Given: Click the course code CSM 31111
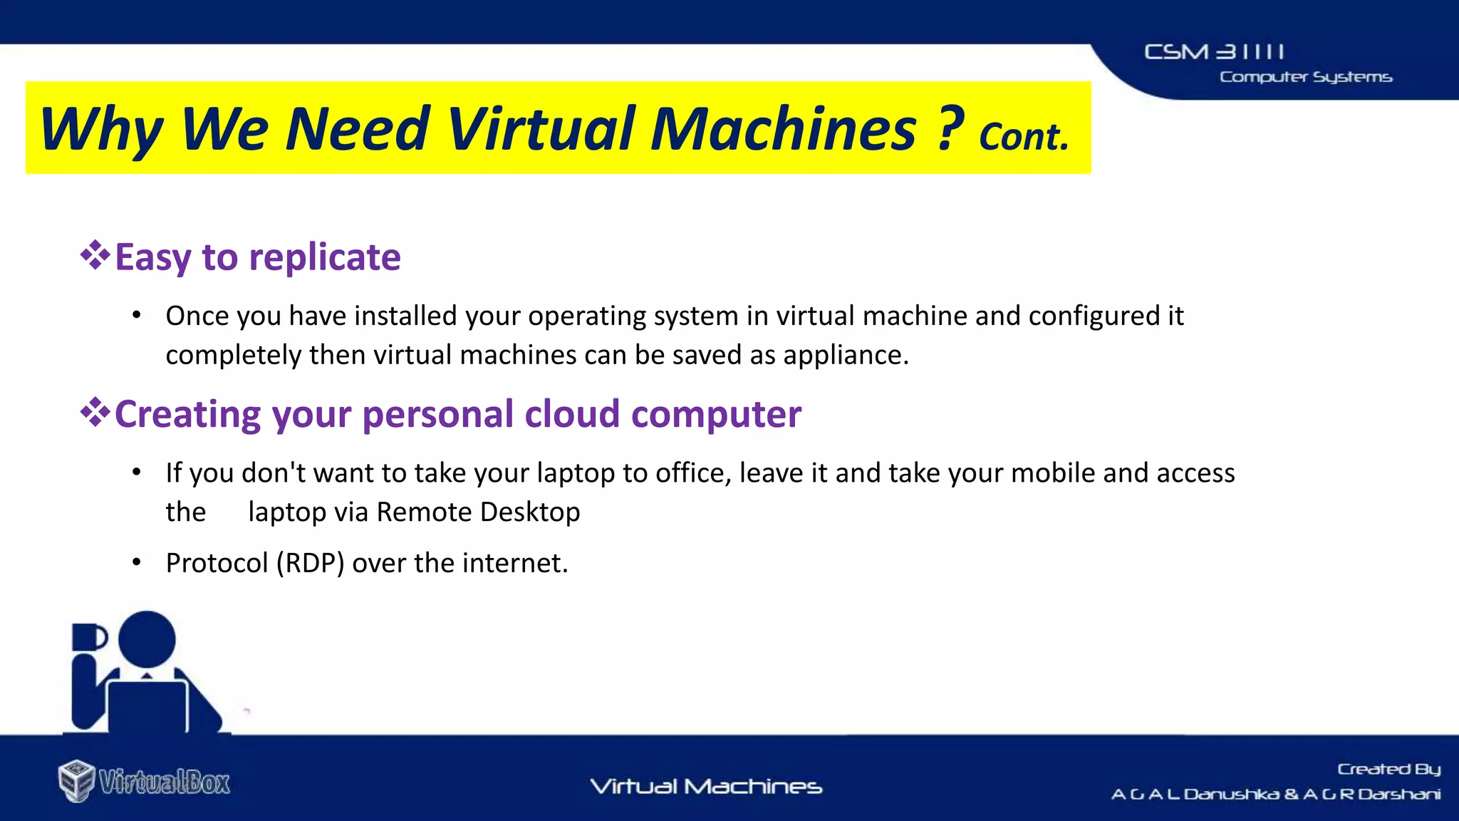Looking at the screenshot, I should pos(1214,52).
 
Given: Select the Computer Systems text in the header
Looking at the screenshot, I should pos(1305,77).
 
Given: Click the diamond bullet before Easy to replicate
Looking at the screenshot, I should pos(95,255).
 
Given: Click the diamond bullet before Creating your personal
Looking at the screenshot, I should pos(95,412).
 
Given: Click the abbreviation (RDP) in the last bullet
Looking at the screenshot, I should pos(311,563).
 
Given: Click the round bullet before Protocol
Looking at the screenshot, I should pos(137,563).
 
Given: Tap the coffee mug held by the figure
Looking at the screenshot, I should pos(88,637).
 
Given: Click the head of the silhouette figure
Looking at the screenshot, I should pos(147,639).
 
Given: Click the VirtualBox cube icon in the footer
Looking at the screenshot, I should pos(76,780).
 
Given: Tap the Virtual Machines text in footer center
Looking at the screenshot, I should pos(706,787).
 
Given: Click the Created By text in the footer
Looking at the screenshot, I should pos(1388,769).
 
